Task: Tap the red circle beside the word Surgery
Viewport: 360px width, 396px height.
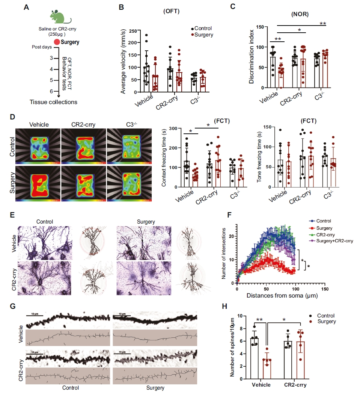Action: coord(57,42)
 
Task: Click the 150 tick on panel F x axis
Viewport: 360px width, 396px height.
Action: coord(325,289)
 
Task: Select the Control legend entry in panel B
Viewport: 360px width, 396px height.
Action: coord(202,28)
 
